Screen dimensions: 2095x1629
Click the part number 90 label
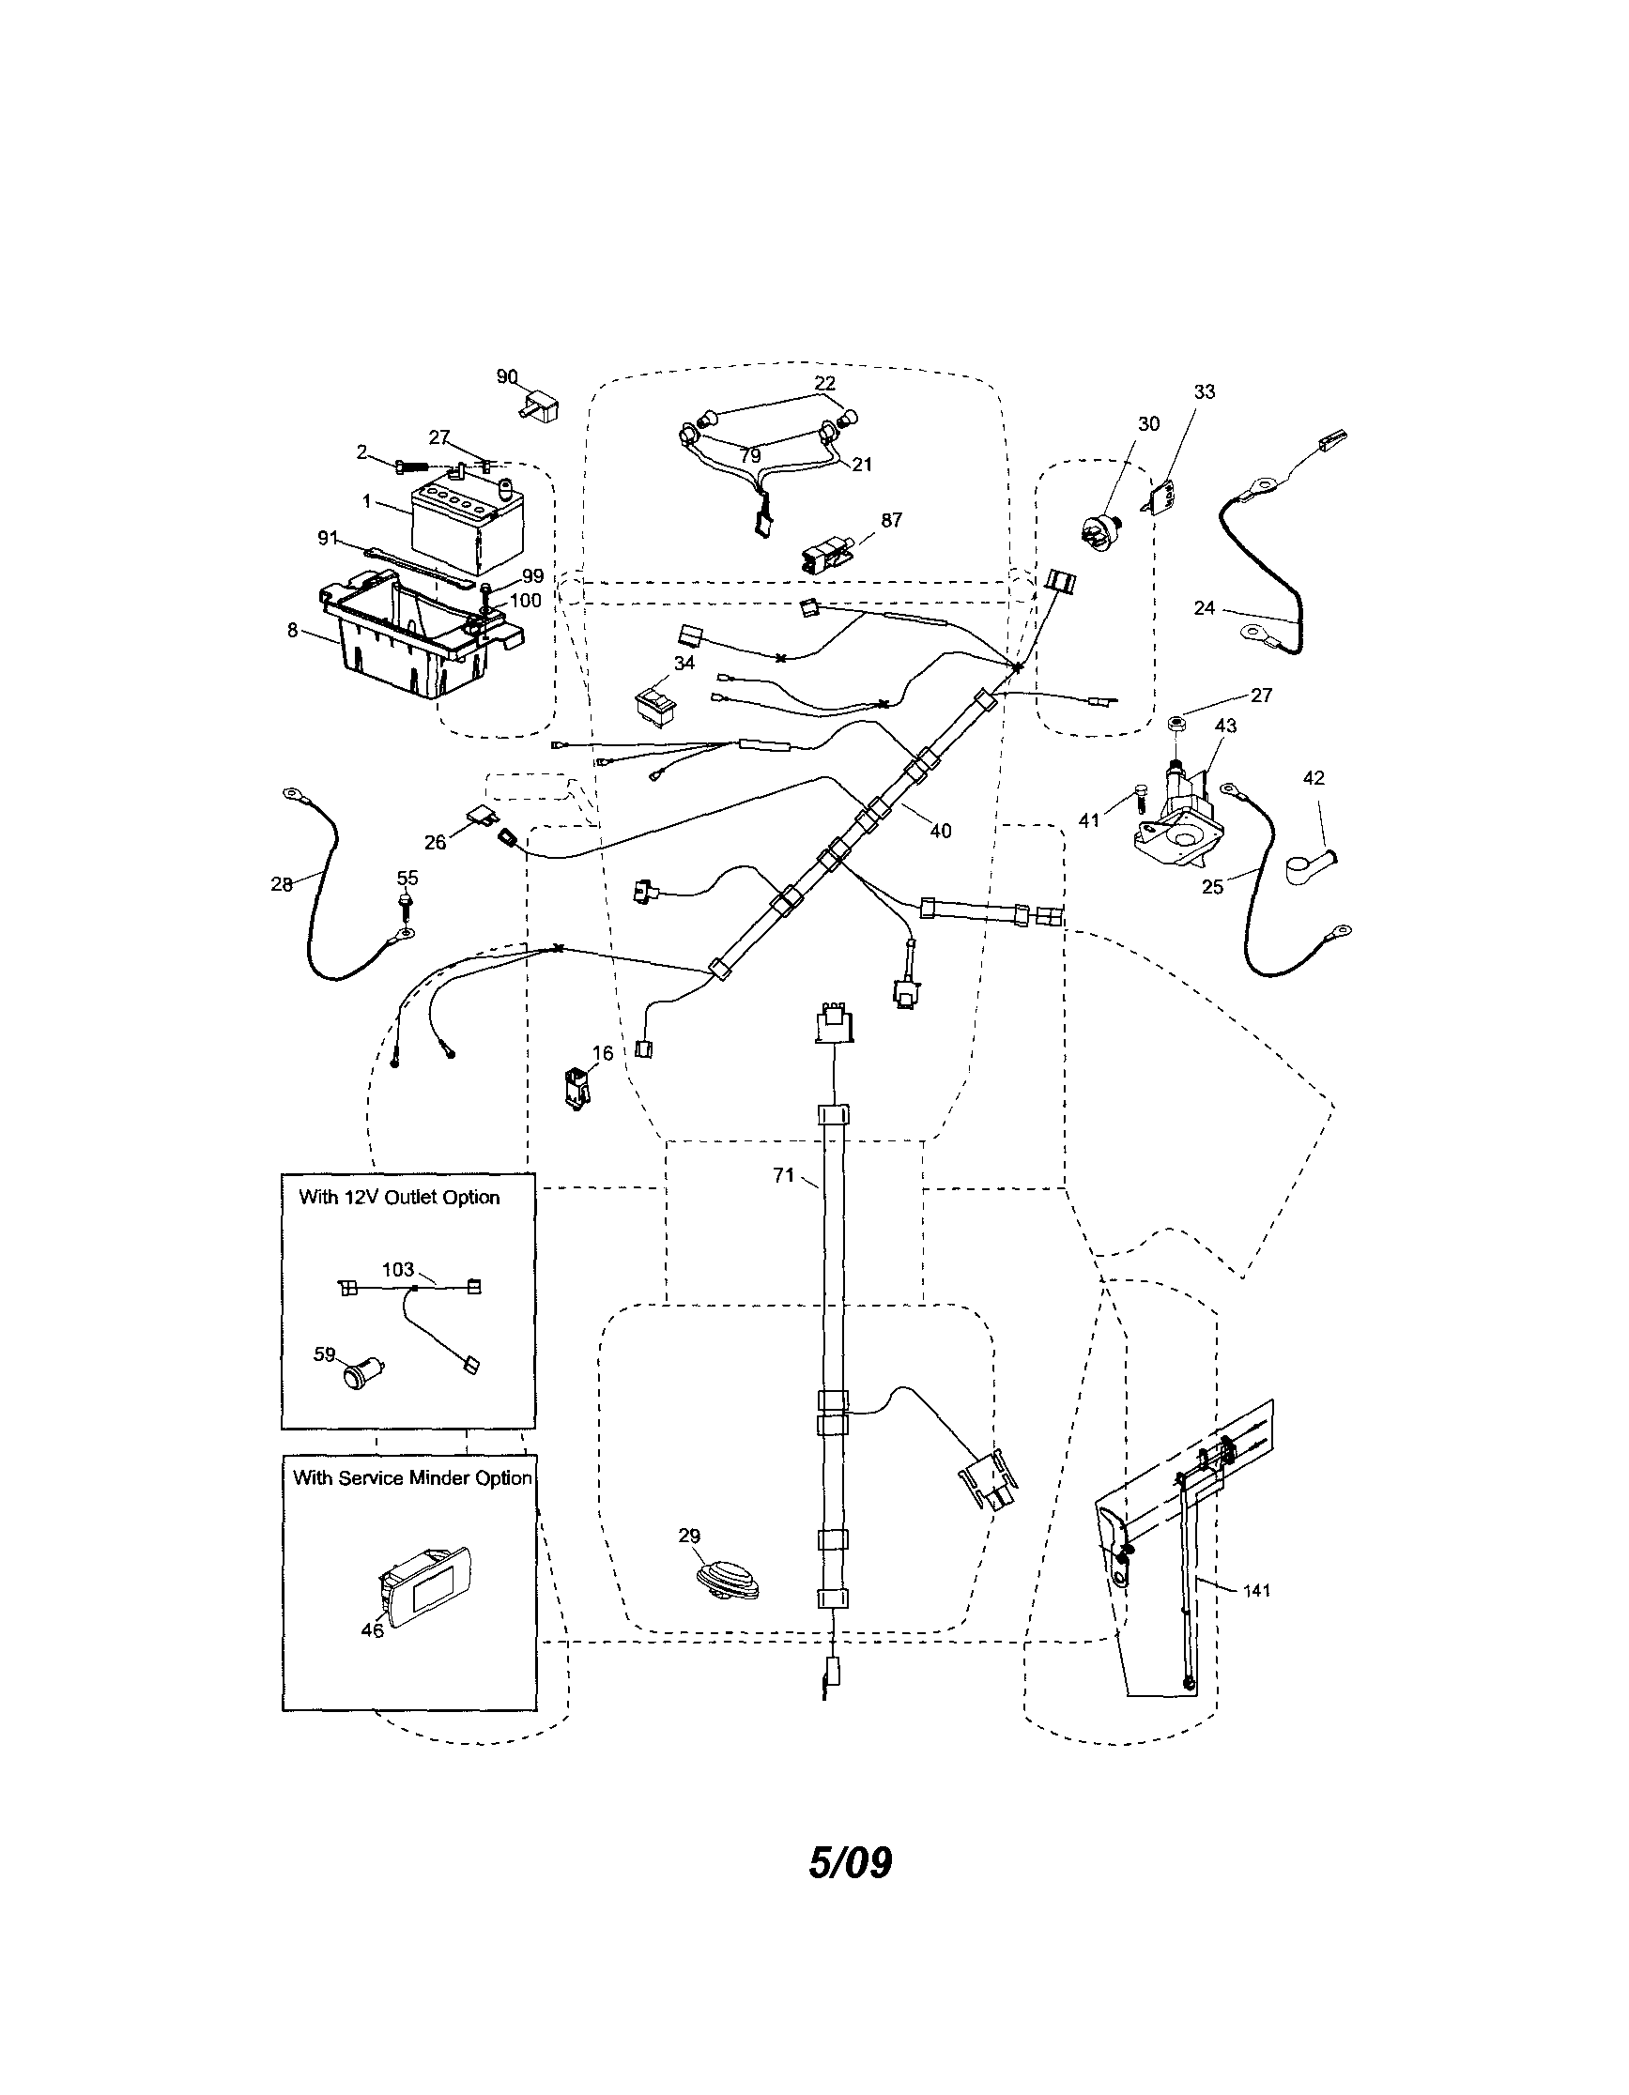(x=507, y=377)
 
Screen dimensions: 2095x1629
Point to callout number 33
(x=1204, y=391)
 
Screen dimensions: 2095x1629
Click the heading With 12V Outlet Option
(x=399, y=1197)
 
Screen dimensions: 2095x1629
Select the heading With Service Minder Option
(x=412, y=1478)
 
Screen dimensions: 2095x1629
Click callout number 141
(x=1256, y=1590)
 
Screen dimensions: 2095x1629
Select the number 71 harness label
(x=784, y=1174)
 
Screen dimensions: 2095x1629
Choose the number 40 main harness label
(x=940, y=831)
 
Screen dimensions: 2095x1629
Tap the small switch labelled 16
(x=577, y=1089)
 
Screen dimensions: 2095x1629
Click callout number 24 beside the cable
(x=1205, y=607)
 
